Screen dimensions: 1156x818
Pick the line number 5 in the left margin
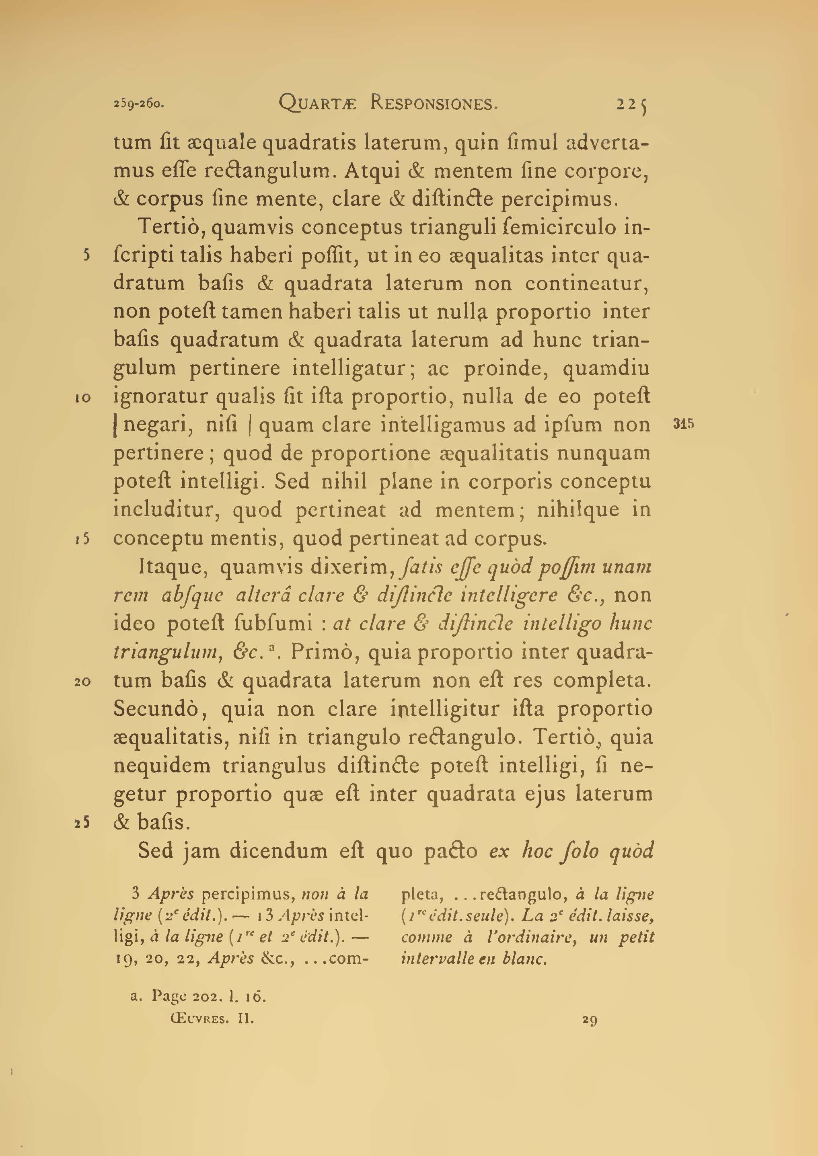(86, 255)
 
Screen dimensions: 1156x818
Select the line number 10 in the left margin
(82, 398)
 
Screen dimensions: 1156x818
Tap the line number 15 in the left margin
(82, 539)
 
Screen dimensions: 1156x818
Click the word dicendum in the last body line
(278, 851)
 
